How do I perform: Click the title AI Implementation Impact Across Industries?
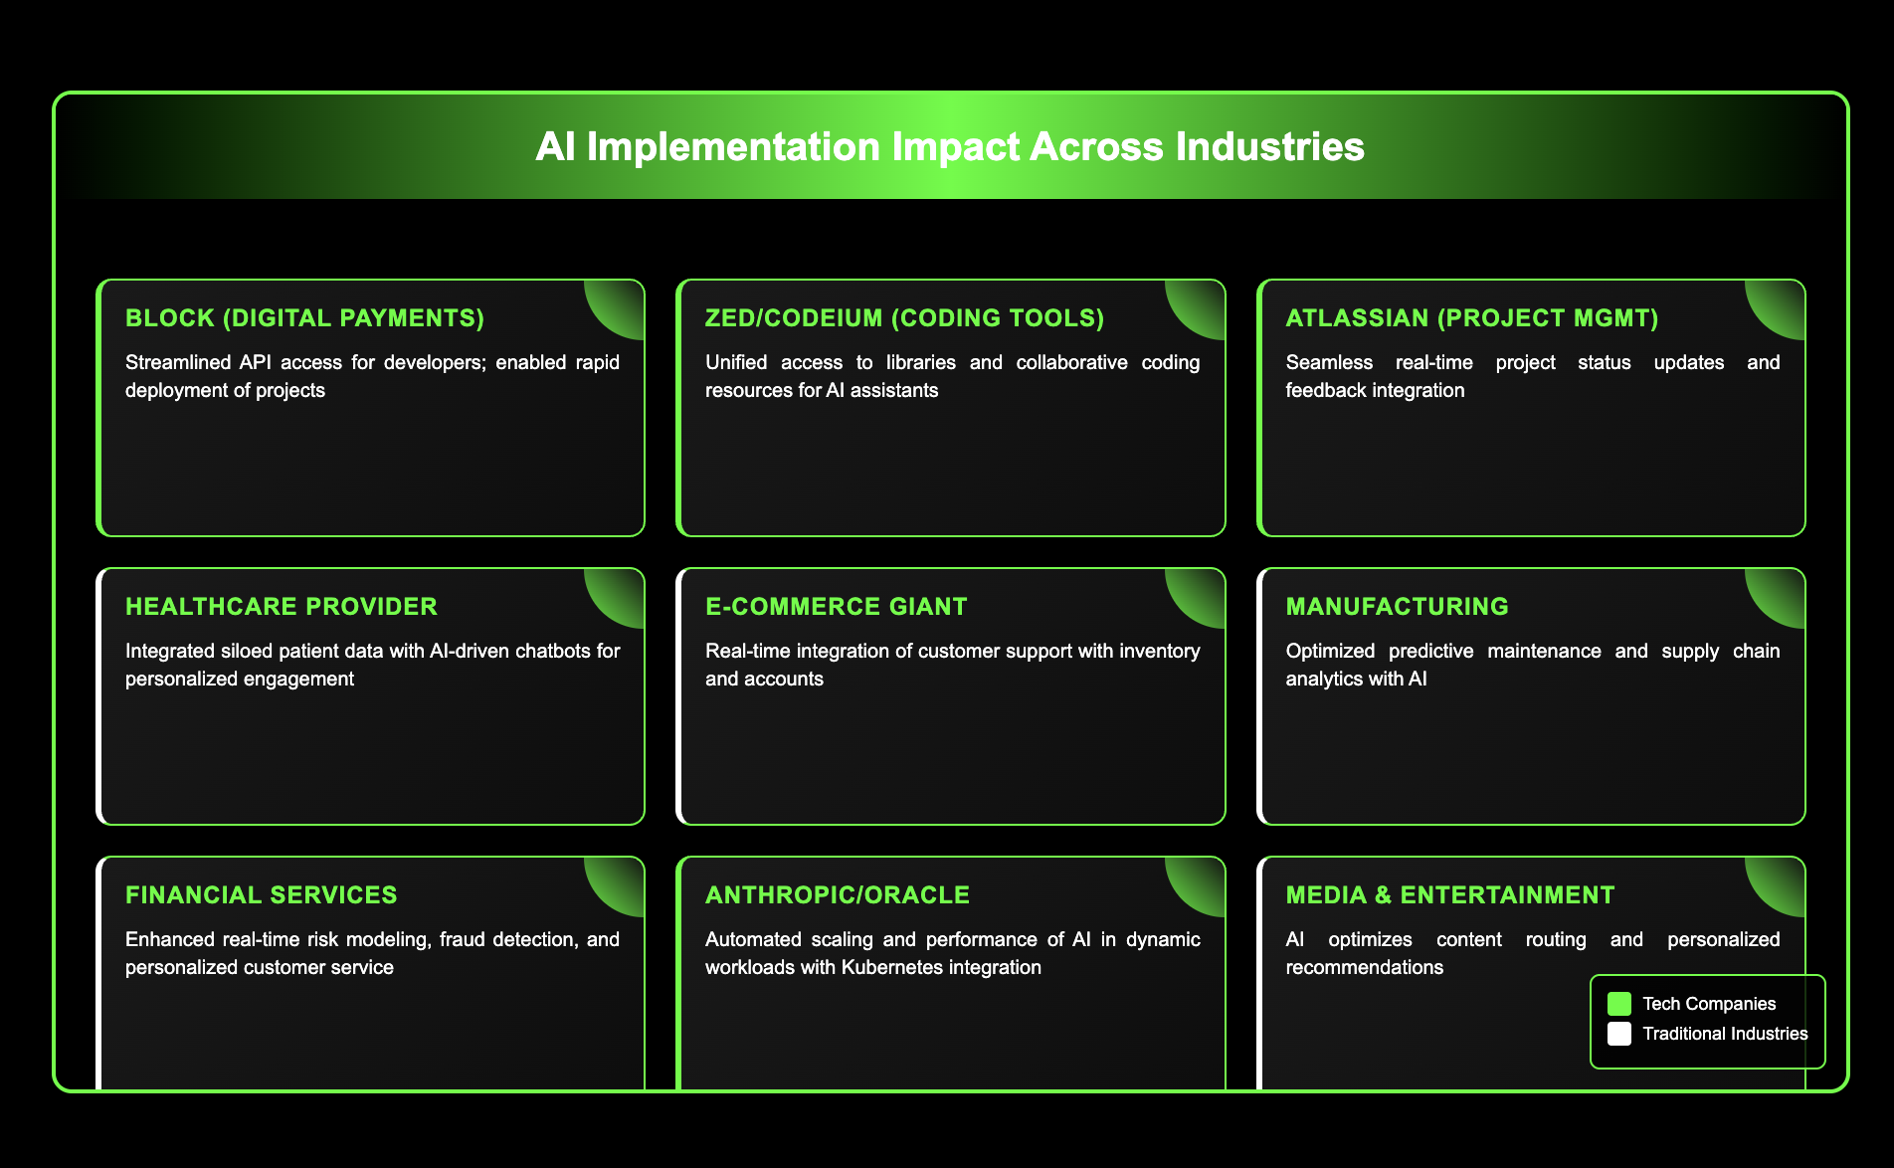pyautogui.click(x=949, y=147)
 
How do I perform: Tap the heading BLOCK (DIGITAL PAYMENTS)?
pyautogui.click(x=304, y=318)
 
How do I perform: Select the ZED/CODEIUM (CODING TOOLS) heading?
pyautogui.click(x=904, y=318)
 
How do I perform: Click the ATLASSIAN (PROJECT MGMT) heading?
pyautogui.click(x=1471, y=318)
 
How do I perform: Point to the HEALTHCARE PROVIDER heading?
pyautogui.click(x=281, y=607)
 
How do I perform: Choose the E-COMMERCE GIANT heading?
pyautogui.click(x=836, y=607)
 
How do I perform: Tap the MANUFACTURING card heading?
pyautogui.click(x=1397, y=607)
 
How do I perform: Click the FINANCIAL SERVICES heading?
pyautogui.click(x=261, y=895)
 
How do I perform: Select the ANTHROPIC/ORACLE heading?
pyautogui.click(x=837, y=895)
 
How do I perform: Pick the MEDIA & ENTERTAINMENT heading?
pyautogui.click(x=1449, y=895)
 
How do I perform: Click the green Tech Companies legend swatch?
pyautogui.click(x=1619, y=1004)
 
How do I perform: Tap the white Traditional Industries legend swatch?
pyautogui.click(x=1619, y=1034)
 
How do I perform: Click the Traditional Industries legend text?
pyautogui.click(x=1725, y=1034)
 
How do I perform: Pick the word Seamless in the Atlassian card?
pyautogui.click(x=1328, y=362)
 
